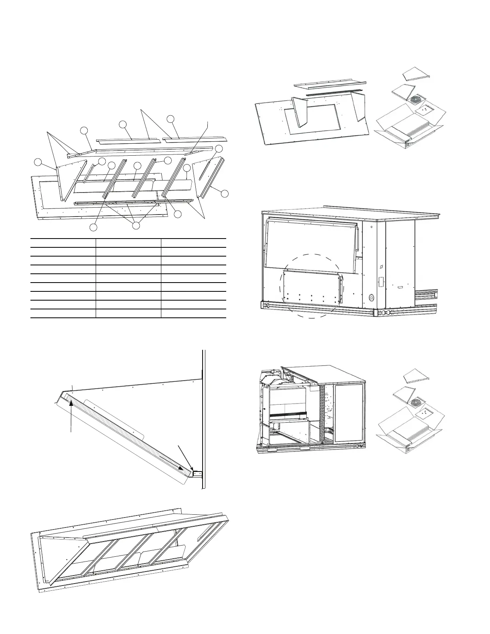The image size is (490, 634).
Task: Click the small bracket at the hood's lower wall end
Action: pyautogui.click(x=198, y=474)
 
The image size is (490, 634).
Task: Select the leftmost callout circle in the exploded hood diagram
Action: pyautogui.click(x=38, y=162)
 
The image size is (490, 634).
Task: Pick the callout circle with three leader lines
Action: pyautogui.click(x=136, y=225)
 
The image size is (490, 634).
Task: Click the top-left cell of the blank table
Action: pyautogui.click(x=63, y=243)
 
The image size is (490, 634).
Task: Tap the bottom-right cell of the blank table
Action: pyautogui.click(x=194, y=313)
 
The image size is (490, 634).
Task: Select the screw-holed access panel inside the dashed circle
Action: pyautogui.click(x=312, y=287)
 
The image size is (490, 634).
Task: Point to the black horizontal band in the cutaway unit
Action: pyautogui.click(x=288, y=415)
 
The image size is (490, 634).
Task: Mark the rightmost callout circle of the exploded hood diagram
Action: pyautogui.click(x=225, y=194)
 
